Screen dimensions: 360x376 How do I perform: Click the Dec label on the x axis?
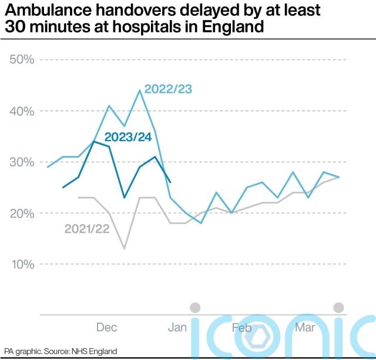106,328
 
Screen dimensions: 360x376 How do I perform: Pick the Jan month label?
177,328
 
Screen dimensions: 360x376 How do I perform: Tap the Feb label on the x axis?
242,328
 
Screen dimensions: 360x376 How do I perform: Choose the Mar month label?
305,328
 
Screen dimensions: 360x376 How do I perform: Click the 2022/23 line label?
169,89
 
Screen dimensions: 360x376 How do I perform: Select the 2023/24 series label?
127,138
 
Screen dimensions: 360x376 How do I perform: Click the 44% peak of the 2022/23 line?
140,91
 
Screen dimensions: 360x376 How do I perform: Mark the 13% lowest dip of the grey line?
124,249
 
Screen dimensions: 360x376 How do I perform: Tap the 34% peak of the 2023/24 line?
94,142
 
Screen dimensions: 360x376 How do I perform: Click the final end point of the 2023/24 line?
170,182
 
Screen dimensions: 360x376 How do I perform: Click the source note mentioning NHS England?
61,351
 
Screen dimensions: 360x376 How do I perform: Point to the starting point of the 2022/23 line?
48,167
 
